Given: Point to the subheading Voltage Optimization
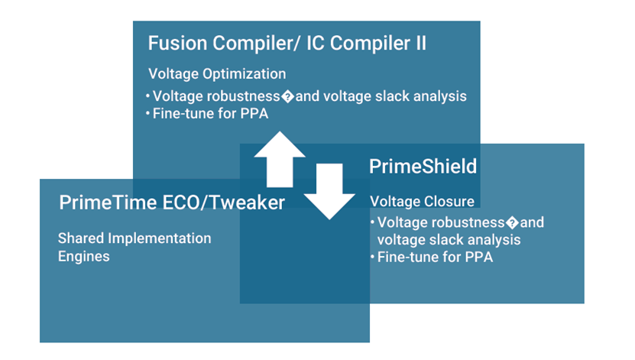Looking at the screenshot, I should tap(216, 74).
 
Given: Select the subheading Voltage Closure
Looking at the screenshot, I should tap(422, 202).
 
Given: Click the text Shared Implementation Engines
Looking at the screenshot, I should tap(134, 247).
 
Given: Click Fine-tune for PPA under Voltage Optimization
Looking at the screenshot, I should tap(207, 114).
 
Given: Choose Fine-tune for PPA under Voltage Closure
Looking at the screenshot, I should tap(435, 257).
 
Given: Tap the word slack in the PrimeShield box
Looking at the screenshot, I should tap(447, 239).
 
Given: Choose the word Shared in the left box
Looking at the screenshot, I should tap(80, 238).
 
